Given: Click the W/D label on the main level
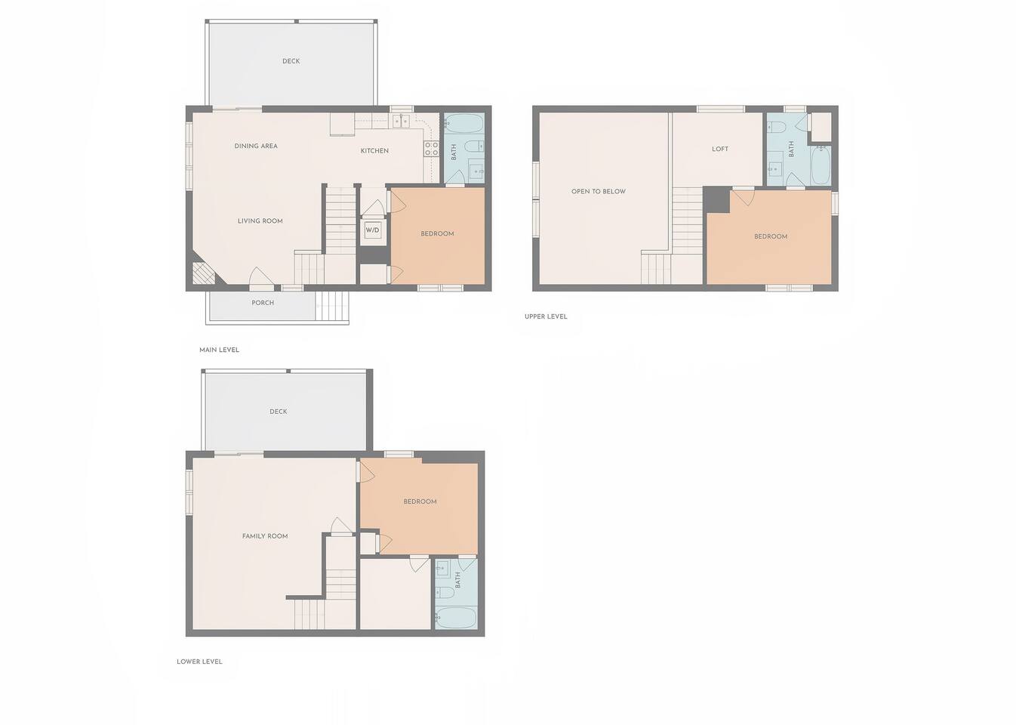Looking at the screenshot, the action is click(x=372, y=230).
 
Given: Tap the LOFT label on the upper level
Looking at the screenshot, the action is click(x=720, y=149).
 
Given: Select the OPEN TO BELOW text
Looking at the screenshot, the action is click(x=599, y=192).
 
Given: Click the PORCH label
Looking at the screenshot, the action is click(x=263, y=303).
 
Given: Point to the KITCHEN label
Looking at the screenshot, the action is click(x=374, y=150).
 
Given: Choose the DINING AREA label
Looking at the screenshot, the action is click(x=256, y=146).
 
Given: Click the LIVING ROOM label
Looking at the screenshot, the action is click(x=260, y=221).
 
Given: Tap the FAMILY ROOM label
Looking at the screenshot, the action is click(x=265, y=535).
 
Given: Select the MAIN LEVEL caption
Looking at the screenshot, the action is click(x=219, y=350).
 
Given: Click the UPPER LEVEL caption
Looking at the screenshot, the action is click(x=546, y=316).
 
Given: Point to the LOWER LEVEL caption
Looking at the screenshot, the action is click(x=199, y=662).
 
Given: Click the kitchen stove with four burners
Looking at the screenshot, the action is click(x=431, y=149).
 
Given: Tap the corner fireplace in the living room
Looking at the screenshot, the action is click(x=203, y=274).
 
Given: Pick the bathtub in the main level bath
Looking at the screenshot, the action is click(x=463, y=123).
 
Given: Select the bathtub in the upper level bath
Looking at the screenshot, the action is click(x=820, y=165).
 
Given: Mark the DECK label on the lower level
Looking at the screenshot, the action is click(x=278, y=412).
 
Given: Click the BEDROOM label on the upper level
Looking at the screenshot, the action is click(x=771, y=236).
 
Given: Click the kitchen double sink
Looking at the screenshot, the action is click(x=402, y=121).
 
